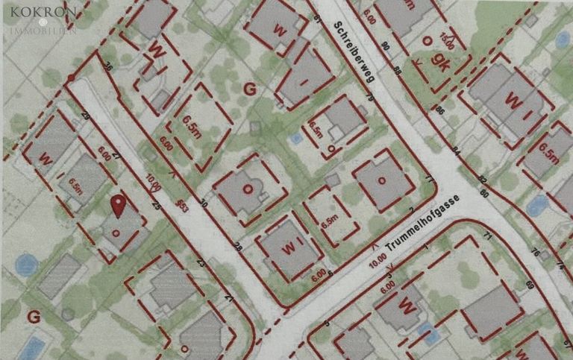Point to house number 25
(156, 204)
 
